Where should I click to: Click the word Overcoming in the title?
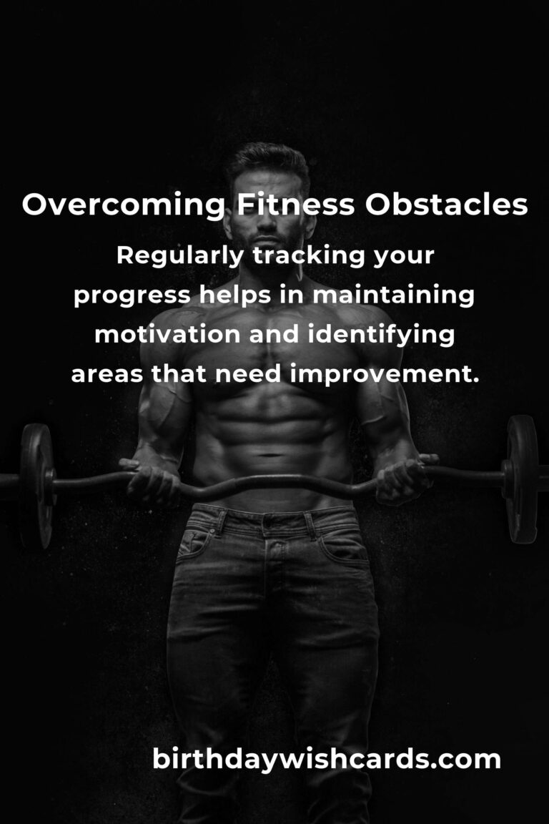point(124,205)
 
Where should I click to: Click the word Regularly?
point(180,257)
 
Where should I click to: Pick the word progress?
point(132,296)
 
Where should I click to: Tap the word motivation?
point(167,334)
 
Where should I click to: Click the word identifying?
point(381,335)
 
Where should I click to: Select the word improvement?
point(385,374)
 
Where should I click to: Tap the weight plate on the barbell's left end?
point(36,486)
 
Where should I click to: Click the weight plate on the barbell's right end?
point(522,479)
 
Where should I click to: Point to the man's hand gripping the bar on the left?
point(151,480)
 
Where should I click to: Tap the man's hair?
point(268,160)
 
